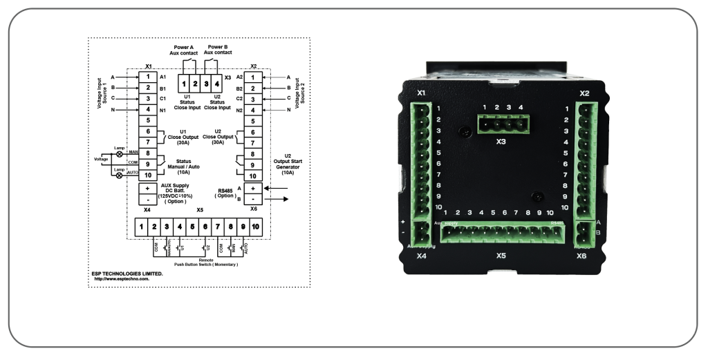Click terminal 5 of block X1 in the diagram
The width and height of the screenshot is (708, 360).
(148, 120)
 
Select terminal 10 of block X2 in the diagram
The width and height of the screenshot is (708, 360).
(253, 176)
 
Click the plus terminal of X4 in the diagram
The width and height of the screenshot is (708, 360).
(148, 189)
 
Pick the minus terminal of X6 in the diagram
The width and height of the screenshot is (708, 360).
(253, 199)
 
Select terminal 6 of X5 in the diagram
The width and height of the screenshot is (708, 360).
(206, 227)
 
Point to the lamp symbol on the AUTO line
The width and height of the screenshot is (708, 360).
(119, 176)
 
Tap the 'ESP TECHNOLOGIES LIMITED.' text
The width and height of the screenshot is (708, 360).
(127, 274)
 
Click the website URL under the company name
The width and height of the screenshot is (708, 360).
(127, 280)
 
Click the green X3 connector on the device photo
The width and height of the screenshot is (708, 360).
(502, 124)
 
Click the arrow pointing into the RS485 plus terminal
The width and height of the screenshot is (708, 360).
(277, 187)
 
